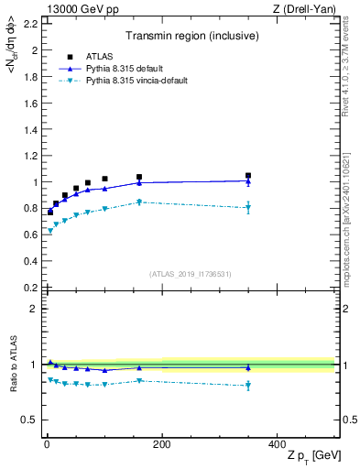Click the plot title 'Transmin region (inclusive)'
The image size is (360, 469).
pyautogui.click(x=191, y=38)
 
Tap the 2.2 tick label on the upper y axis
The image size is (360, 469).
pyautogui.click(x=30, y=24)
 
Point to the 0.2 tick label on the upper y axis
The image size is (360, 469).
pyautogui.click(x=30, y=288)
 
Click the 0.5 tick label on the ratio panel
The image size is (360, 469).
pyautogui.click(x=30, y=420)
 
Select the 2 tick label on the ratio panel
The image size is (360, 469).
pyautogui.click(x=35, y=309)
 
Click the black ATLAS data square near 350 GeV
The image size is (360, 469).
pyautogui.click(x=248, y=175)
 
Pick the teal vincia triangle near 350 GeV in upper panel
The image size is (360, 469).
pyautogui.click(x=248, y=208)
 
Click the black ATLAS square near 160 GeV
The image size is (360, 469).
pyautogui.click(x=139, y=177)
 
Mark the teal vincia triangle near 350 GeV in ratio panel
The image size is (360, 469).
pyautogui.click(x=248, y=386)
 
